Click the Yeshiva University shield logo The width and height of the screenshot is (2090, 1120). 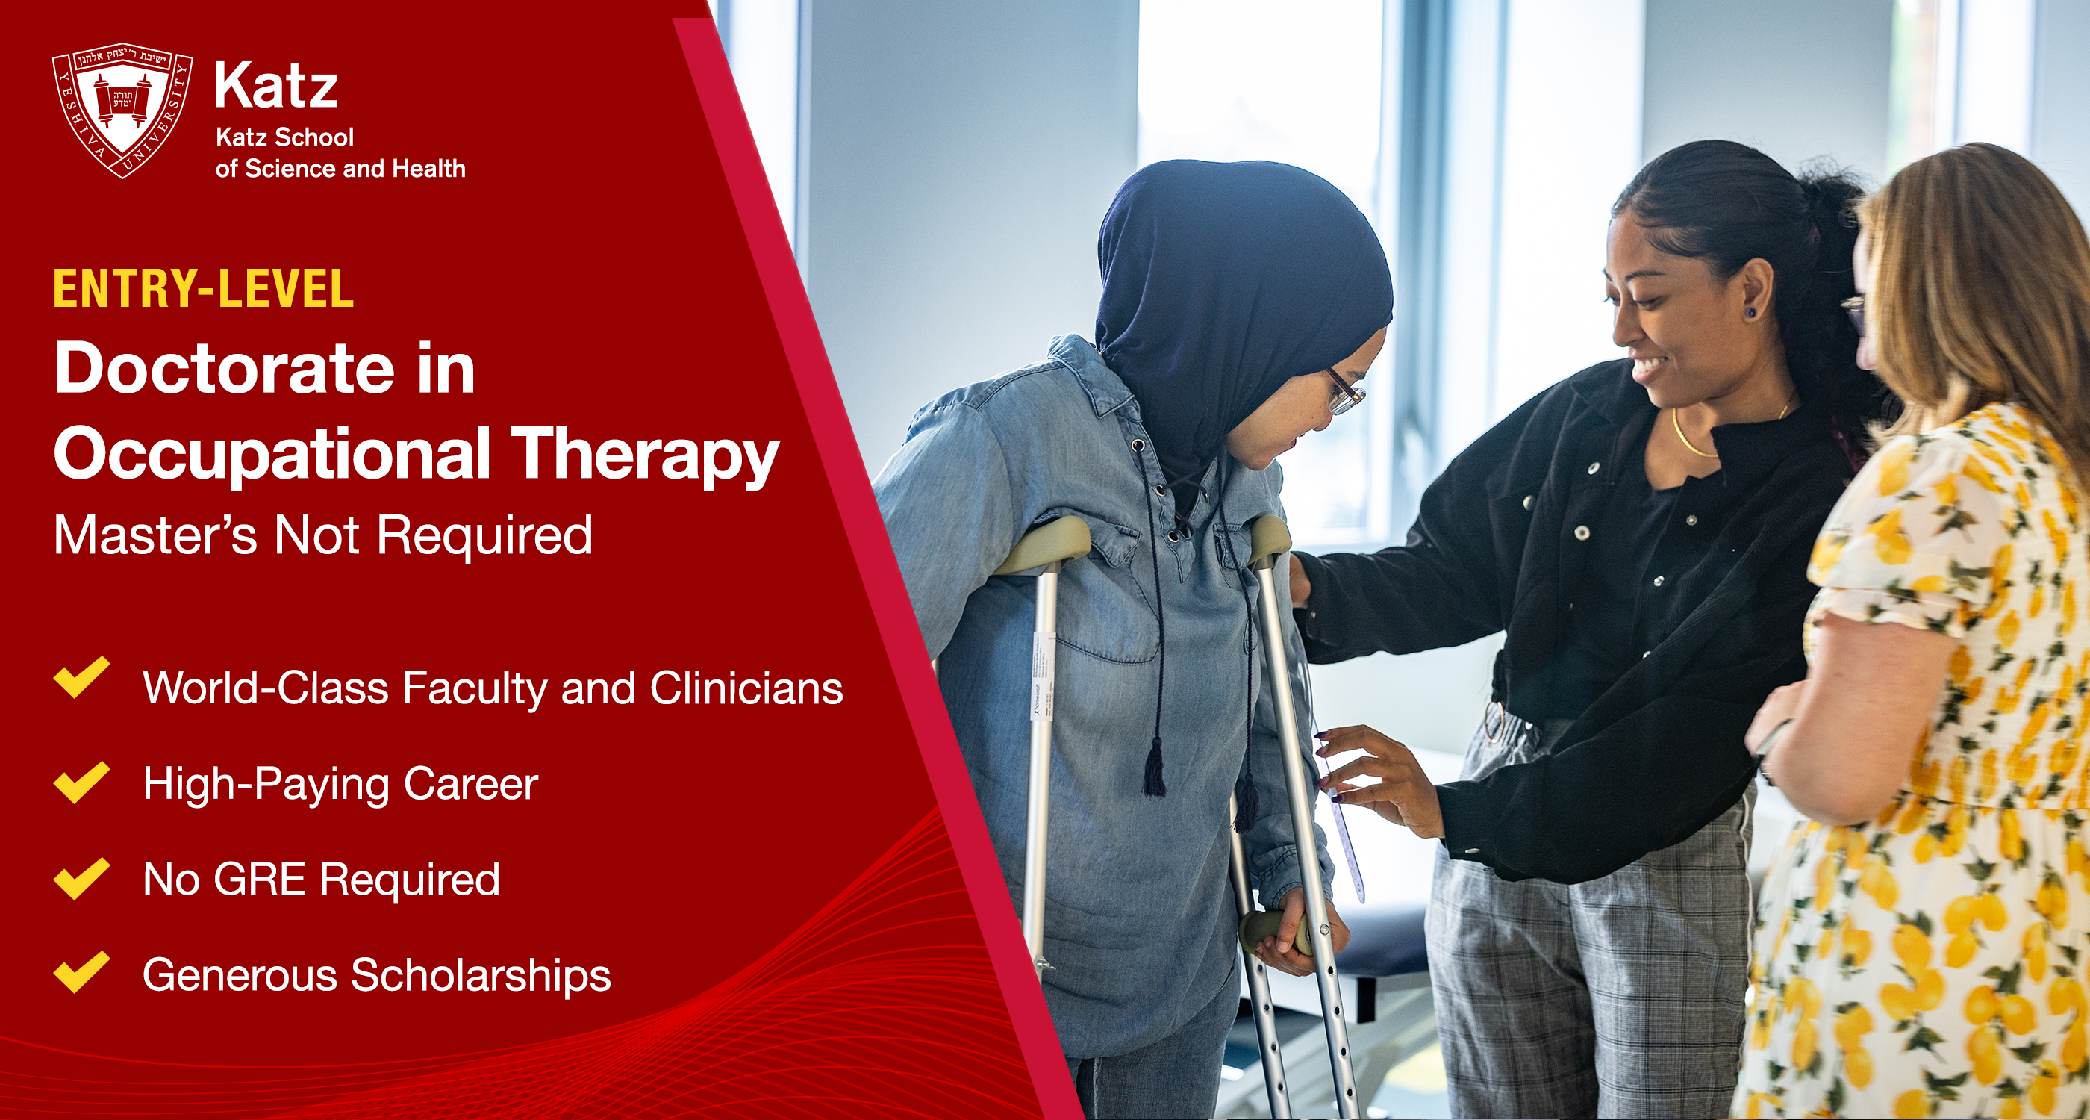pos(122,110)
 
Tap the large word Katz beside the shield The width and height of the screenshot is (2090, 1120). pos(276,86)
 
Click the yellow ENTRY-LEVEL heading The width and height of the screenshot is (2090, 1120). pos(204,289)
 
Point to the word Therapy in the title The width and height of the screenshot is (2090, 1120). pos(645,456)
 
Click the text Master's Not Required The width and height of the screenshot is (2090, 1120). pos(323,535)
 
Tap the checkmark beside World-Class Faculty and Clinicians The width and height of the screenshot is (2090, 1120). pos(81,678)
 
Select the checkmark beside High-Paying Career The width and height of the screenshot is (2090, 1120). pos(81,783)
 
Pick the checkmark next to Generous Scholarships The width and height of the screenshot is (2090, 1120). pos(81,972)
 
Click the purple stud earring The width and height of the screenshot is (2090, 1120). pos(1751,311)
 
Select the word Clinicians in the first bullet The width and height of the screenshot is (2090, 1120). pos(746,688)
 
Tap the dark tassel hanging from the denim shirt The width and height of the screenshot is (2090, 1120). pos(1155,766)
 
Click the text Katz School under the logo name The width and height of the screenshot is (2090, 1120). pos(285,137)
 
